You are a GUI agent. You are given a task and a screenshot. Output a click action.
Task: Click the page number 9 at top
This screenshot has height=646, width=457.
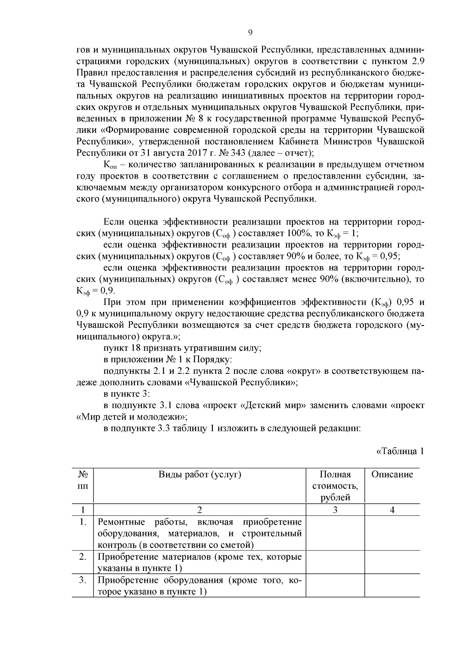point(250,33)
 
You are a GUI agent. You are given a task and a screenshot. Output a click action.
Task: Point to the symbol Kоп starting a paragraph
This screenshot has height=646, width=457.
point(110,165)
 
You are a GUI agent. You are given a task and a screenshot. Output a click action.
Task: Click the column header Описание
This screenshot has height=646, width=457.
point(392,474)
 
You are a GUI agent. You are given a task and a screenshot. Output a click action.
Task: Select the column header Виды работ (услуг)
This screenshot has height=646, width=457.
point(200,474)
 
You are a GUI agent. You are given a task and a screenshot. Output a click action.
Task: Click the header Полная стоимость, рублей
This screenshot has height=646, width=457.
point(335,486)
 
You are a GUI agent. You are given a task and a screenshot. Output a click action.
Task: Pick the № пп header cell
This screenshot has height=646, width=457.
point(83,480)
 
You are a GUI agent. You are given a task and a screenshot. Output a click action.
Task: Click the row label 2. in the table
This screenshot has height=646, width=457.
point(83,557)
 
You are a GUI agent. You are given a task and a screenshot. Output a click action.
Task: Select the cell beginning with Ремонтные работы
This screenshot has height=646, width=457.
point(200,533)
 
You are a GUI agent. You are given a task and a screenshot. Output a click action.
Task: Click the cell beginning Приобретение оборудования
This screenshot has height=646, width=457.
point(200,586)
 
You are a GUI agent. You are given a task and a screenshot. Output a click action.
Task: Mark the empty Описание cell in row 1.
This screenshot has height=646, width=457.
point(392,533)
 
